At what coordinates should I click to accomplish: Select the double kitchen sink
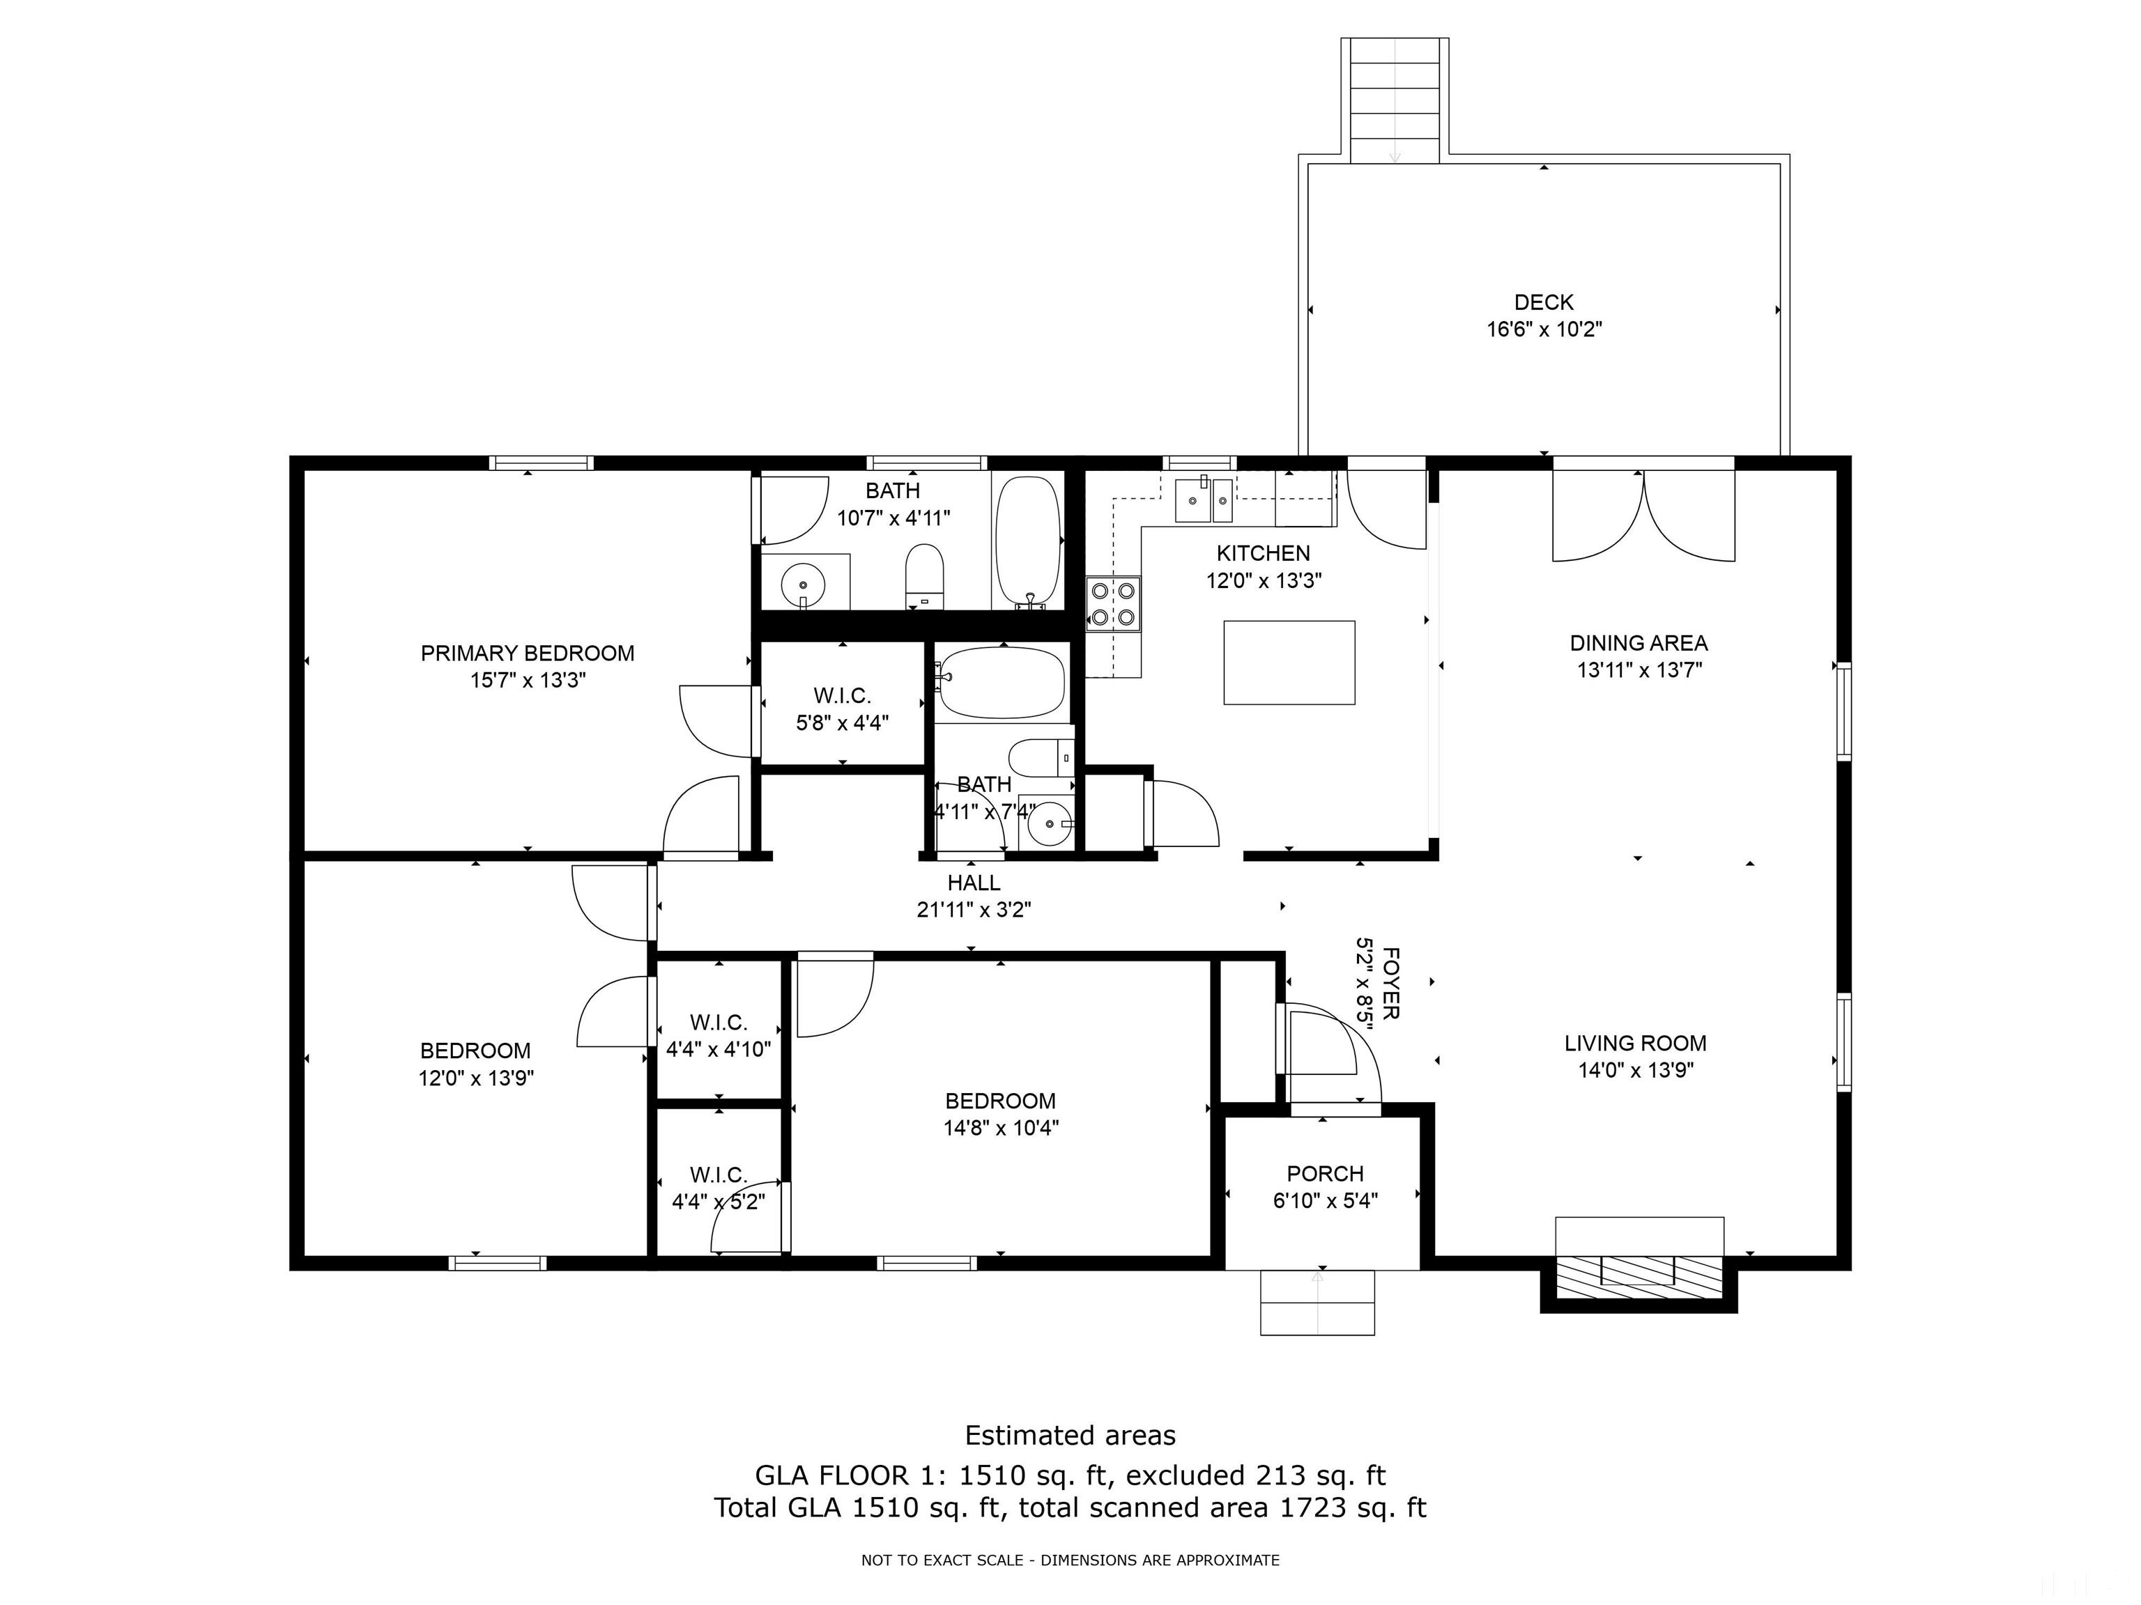click(1204, 500)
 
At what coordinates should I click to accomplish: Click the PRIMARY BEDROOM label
click(528, 653)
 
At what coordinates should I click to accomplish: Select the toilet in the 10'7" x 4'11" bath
click(924, 575)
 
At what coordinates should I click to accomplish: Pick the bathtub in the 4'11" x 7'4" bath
click(1002, 682)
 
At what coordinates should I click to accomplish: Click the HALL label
click(974, 883)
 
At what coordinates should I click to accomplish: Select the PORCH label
click(1324, 1174)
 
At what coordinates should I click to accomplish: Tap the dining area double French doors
click(1643, 515)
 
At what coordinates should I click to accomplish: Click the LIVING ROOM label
click(1635, 1043)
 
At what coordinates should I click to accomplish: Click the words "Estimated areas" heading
click(1070, 1435)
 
